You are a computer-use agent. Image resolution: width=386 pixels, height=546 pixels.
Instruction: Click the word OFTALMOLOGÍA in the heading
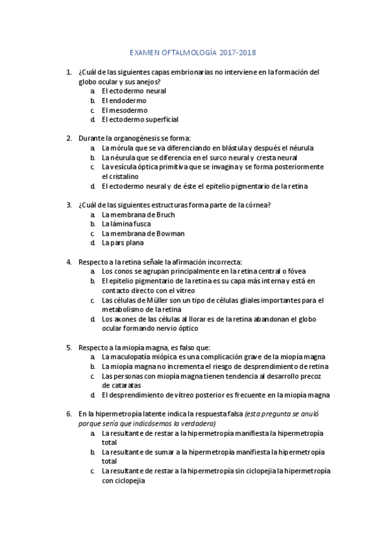point(187,53)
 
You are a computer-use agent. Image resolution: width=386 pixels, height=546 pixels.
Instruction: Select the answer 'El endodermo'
point(124,100)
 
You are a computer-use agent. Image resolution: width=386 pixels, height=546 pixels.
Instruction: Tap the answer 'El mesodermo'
point(124,110)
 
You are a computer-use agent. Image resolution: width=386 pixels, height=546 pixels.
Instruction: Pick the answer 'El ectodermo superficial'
point(140,120)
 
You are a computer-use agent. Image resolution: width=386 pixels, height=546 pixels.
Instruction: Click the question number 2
point(69,138)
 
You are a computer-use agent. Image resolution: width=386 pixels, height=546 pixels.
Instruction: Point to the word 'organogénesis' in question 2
point(143,138)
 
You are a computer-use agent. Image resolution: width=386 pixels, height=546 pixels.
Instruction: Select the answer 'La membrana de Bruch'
point(138,215)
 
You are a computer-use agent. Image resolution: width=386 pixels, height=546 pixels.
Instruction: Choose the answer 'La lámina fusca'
point(126,224)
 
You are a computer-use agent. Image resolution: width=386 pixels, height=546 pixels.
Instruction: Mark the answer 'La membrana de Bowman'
point(143,234)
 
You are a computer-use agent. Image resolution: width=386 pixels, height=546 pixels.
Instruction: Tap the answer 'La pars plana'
point(122,243)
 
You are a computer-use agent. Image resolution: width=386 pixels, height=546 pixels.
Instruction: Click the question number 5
point(69,347)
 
